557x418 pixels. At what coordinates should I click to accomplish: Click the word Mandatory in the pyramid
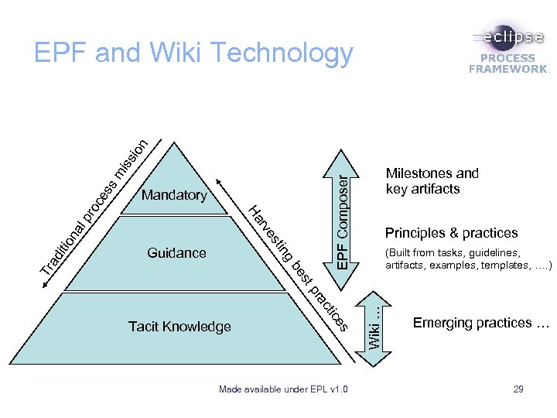174,195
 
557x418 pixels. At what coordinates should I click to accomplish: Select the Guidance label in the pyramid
176,252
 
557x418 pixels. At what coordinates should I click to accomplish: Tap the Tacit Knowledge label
179,327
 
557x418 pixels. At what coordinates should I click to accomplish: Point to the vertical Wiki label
373,324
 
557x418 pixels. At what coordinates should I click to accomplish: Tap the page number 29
518,388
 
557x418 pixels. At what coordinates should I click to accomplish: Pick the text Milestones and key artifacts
432,181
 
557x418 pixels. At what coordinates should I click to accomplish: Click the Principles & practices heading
451,233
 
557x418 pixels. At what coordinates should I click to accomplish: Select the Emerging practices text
480,323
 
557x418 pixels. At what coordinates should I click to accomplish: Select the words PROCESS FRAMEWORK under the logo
508,63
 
